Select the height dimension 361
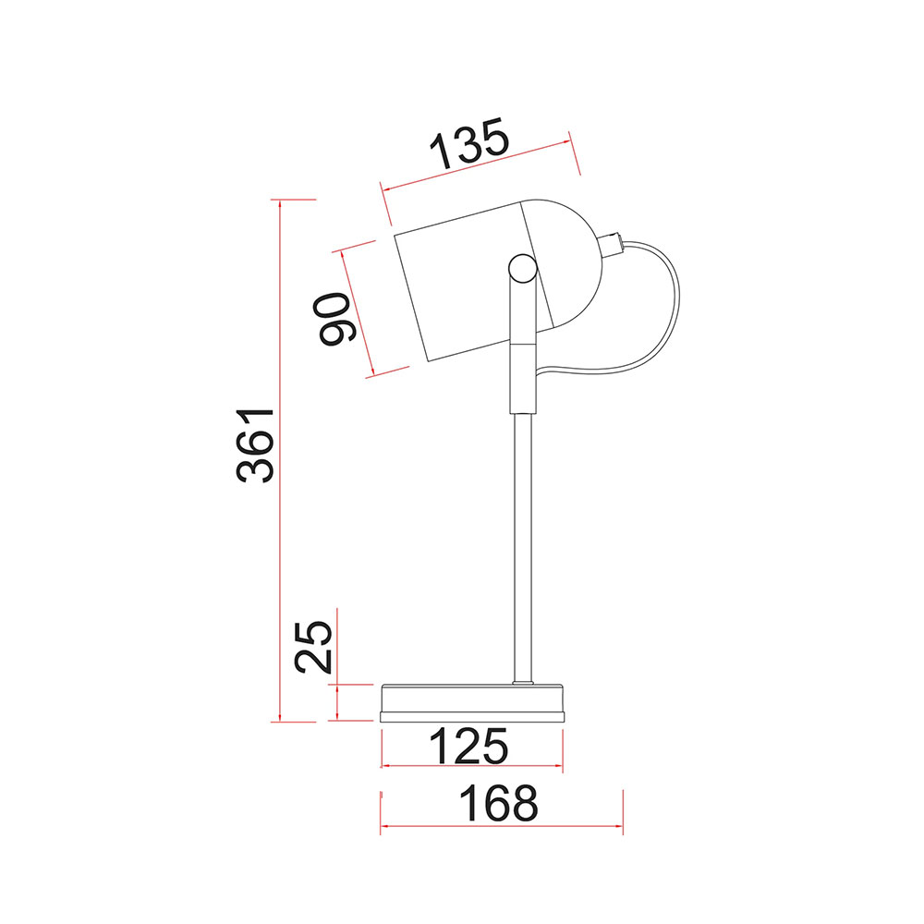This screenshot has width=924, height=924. click(255, 445)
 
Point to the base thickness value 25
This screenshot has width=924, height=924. click(313, 647)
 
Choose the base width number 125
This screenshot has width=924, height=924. click(468, 746)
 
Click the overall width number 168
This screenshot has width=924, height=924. click(499, 803)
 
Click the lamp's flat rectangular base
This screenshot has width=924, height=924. click(472, 703)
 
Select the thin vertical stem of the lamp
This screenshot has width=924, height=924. click(523, 548)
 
